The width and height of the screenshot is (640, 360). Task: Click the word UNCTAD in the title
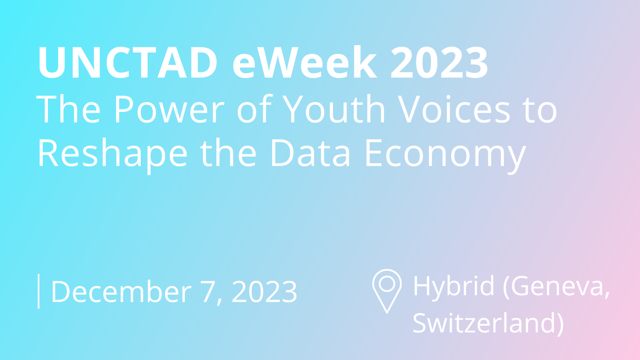click(x=128, y=62)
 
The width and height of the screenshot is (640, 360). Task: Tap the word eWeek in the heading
click(x=304, y=62)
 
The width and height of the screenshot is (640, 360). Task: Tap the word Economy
click(x=446, y=156)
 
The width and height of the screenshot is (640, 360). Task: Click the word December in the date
click(x=121, y=291)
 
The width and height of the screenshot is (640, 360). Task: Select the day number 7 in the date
click(x=208, y=292)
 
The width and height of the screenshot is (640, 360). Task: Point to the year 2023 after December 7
click(x=264, y=292)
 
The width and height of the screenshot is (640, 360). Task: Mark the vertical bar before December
click(x=38, y=291)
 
